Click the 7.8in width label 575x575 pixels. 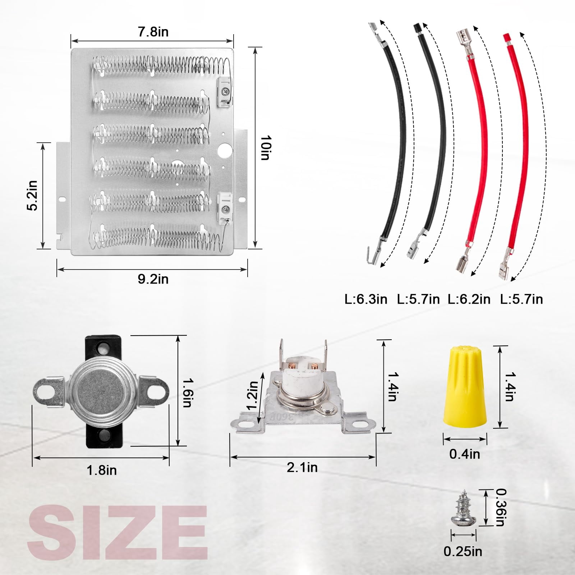pos(153,32)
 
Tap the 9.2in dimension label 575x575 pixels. pos(153,279)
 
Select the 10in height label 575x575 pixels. pos(266,148)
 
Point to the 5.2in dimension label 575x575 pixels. pos(33,195)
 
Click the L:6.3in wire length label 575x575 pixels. pos(366,299)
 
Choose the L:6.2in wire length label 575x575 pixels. pos(469,299)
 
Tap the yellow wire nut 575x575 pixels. pos(465,384)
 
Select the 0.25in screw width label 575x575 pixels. pos(463,551)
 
